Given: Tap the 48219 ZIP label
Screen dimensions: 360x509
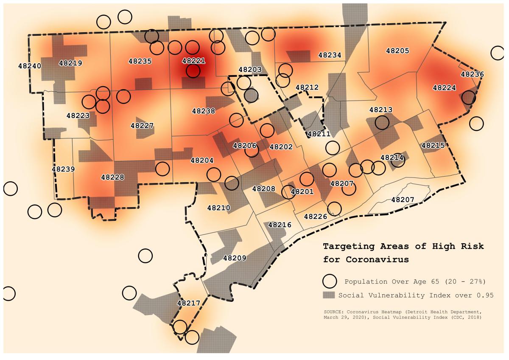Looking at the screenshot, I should (70, 63).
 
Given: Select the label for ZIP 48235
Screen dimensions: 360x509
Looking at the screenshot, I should (140, 61).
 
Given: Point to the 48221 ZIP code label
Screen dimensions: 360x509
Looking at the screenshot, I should (193, 61).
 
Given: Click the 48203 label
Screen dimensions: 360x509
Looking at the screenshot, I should (250, 69).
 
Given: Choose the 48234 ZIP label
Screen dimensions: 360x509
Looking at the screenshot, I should (330, 55).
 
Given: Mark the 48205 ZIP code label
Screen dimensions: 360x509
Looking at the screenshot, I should (397, 51).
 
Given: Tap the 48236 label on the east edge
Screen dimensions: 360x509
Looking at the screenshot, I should (472, 74).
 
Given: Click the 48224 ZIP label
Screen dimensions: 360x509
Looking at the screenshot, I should (444, 88).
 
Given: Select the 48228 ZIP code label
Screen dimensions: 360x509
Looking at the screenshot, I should (112, 177).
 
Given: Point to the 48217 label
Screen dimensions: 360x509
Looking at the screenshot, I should (188, 303).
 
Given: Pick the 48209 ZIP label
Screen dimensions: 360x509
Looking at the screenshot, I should (235, 258).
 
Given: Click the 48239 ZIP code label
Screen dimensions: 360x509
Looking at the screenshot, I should (63, 169).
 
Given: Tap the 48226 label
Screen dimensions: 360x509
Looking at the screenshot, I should (315, 216).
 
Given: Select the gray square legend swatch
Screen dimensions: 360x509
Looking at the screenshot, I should (330, 295).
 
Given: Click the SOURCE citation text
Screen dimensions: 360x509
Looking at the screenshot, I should (403, 314).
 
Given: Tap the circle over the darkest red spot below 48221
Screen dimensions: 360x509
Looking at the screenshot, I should (193, 70).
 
